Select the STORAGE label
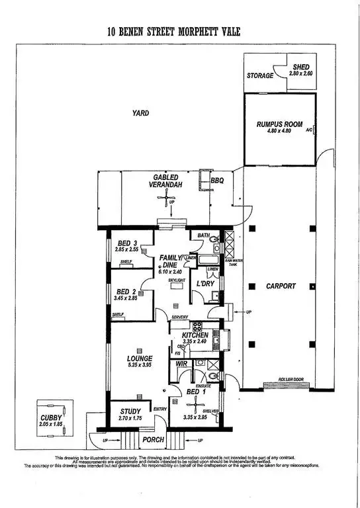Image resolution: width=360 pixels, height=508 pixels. pos(260,76)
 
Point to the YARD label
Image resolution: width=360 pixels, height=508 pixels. pos(140,113)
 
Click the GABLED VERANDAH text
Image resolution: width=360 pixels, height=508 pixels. pos(167,182)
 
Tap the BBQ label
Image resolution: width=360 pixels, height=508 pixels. pos(218,180)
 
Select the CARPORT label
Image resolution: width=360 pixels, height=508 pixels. pos(282,286)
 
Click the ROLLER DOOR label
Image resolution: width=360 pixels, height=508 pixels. pos(278,379)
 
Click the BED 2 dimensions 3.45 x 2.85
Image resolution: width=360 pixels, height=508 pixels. pos(130,299)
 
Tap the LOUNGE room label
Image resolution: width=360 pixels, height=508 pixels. pos(140,358)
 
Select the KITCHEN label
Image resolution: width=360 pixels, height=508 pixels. pos(197,335)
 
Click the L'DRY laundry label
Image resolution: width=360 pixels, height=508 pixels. pos(204,284)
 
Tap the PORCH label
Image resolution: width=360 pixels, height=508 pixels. pos(153,439)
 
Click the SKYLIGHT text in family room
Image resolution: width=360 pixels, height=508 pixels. pos(175,280)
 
